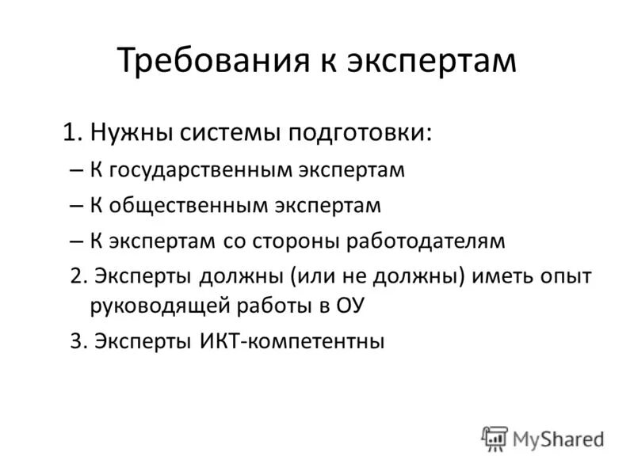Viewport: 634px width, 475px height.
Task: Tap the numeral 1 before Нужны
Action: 71,131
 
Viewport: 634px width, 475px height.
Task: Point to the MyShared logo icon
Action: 495,439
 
